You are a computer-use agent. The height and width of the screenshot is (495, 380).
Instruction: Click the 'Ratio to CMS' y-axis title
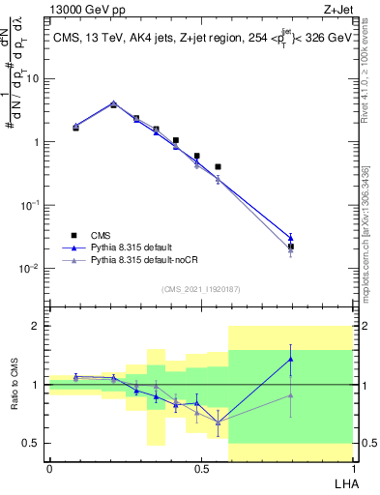pos(14,384)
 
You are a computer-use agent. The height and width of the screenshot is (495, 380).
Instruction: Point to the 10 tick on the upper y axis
pos(34,79)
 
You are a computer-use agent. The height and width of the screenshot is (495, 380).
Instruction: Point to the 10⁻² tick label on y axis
pos(30,268)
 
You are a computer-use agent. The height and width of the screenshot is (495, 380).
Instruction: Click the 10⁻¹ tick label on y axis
pos(30,205)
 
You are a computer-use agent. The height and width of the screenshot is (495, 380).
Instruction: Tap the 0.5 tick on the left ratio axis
pos(35,444)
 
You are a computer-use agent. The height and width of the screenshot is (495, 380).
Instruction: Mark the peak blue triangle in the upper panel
pos(113,103)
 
